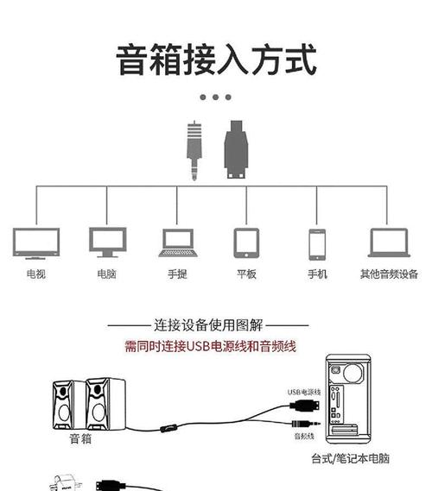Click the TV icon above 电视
[x=35, y=242]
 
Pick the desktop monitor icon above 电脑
[x=107, y=242]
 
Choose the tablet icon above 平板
[x=247, y=242]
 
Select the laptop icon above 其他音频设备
[x=389, y=242]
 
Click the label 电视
[x=35, y=274]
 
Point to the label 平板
[x=247, y=274]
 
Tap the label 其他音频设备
[x=389, y=274]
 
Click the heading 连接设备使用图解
[x=208, y=325]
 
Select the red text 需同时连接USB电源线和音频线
[x=210, y=346]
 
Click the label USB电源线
[x=304, y=392]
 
